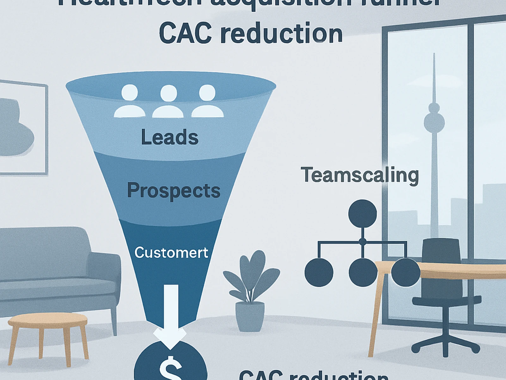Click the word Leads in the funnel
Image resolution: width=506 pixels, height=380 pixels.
pyautogui.click(x=170, y=137)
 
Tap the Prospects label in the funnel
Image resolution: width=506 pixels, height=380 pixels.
pyautogui.click(x=174, y=191)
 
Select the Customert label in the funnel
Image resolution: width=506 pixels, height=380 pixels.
pyautogui.click(x=171, y=253)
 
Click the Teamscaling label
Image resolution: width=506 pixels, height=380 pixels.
pyautogui.click(x=360, y=175)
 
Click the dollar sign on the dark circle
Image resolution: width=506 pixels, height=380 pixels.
pyautogui.click(x=170, y=369)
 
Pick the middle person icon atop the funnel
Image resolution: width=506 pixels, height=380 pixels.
pyautogui.click(x=169, y=101)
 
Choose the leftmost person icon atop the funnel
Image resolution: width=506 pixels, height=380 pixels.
pyautogui.click(x=130, y=101)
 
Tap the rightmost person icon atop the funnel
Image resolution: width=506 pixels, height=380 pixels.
pyautogui.click(x=207, y=101)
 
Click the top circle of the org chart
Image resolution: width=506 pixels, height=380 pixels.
pyautogui.click(x=362, y=213)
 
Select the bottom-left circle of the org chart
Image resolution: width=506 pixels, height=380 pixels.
pyautogui.click(x=319, y=272)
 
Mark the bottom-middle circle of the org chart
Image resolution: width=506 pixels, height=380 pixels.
pyautogui.click(x=363, y=272)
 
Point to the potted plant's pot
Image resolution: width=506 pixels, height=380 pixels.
pyautogui.click(x=250, y=316)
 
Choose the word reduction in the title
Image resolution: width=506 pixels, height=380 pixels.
pyautogui.click(x=281, y=33)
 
